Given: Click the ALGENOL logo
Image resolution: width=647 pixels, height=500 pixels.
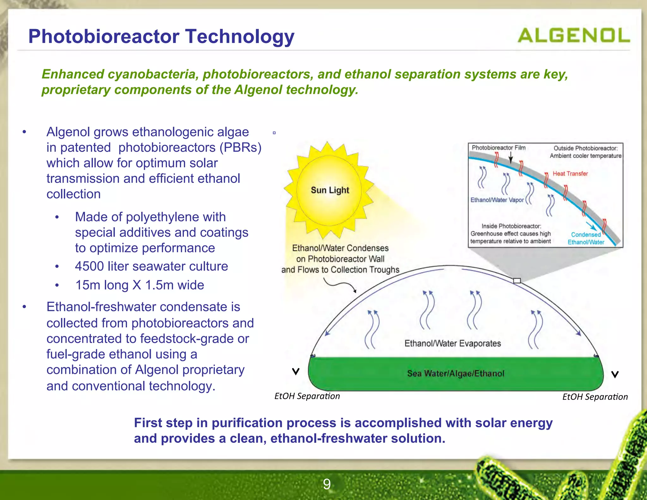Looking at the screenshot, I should click(x=573, y=35).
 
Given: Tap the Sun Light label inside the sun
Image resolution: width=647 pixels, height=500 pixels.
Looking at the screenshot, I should click(x=330, y=190).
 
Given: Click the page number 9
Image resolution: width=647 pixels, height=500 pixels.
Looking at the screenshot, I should click(x=327, y=484).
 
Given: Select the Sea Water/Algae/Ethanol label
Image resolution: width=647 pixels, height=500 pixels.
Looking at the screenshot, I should click(x=455, y=374).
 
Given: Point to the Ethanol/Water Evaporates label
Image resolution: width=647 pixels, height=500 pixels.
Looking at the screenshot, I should click(x=452, y=344).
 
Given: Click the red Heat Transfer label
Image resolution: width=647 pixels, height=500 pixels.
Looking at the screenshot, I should click(x=570, y=174).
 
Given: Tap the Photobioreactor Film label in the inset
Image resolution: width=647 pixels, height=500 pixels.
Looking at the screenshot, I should click(x=498, y=148).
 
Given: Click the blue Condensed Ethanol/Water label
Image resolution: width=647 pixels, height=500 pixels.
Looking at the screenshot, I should click(x=586, y=238).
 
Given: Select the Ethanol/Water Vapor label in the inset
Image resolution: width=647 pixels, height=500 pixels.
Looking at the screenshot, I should click(x=497, y=200).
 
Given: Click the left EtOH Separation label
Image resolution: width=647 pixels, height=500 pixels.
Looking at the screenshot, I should click(x=307, y=396).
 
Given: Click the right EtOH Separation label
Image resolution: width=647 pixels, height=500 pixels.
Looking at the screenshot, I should click(x=595, y=397).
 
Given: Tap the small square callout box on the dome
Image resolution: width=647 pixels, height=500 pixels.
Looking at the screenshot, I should click(x=517, y=281).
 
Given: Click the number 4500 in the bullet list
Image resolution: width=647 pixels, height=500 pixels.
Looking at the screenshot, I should click(x=89, y=266).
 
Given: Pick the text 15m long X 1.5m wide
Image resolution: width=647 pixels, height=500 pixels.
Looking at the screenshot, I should click(x=139, y=285).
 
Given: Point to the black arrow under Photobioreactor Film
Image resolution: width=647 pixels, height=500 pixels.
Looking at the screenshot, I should click(x=511, y=158).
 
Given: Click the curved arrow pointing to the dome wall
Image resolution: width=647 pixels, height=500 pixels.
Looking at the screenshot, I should click(x=341, y=285).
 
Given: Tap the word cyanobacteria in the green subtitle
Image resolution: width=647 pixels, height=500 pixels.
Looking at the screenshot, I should click(x=153, y=74).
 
